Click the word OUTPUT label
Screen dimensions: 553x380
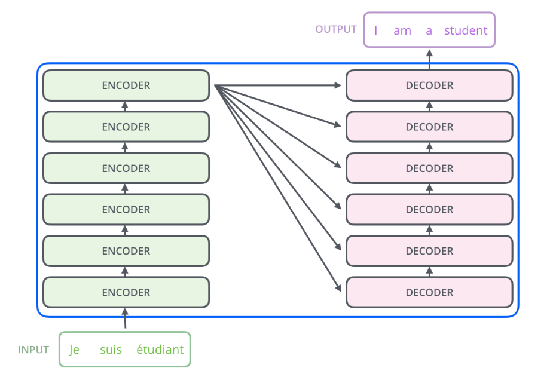336,29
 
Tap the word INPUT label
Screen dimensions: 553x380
33,350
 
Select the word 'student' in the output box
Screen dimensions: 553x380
466,30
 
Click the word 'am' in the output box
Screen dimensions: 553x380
402,31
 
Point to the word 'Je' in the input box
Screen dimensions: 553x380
74,350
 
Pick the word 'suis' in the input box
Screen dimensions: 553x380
111,350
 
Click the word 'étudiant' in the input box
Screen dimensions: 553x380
160,350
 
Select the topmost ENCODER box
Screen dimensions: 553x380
126,85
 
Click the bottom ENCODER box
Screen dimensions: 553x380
126,292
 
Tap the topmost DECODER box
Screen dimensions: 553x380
429,85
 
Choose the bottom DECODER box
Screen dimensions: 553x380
429,292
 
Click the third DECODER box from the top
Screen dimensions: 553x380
429,168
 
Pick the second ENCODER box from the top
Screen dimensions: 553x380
126,127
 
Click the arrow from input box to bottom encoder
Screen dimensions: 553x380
125,318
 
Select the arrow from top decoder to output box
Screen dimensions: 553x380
429,60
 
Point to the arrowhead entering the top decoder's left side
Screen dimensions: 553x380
338,85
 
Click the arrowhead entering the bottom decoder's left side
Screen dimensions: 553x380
338,287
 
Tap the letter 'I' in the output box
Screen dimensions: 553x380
376,30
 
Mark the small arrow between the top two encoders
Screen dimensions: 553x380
124,106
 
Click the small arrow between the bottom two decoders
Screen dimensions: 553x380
429,272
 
